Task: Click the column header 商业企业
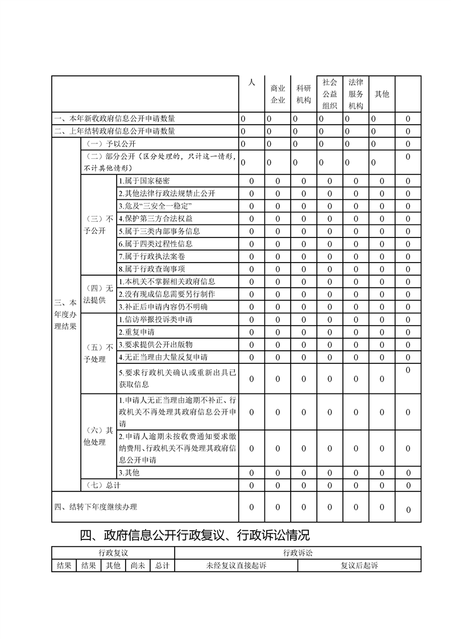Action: click(278, 94)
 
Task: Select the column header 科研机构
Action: click(304, 94)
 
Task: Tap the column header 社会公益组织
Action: click(330, 94)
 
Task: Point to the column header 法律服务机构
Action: click(356, 94)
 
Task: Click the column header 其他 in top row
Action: click(382, 94)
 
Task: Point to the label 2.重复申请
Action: click(136, 331)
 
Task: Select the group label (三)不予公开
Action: click(98, 224)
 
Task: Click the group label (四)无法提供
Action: click(98, 294)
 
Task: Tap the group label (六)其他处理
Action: click(98, 436)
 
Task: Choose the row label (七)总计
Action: click(102, 485)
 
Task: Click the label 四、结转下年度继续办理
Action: click(96, 507)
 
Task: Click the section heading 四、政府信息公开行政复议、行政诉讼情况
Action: click(195, 535)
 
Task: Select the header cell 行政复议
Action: click(113, 553)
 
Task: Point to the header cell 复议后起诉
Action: click(359, 566)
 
